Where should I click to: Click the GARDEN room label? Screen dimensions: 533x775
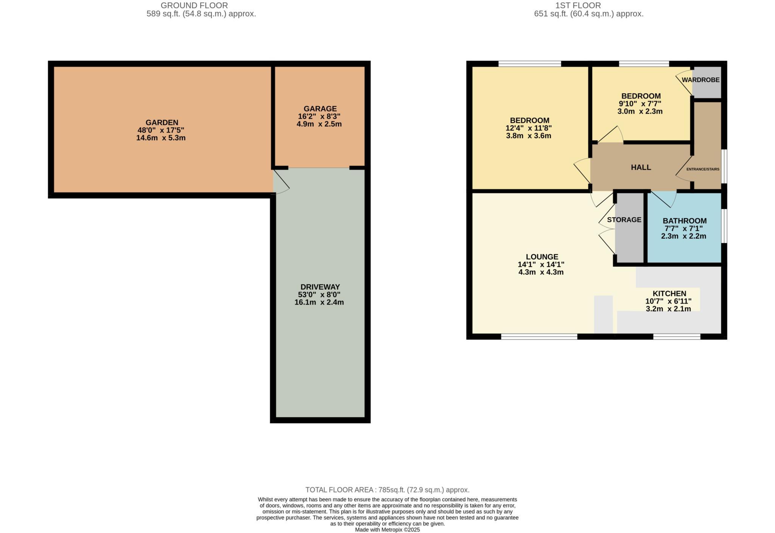(x=162, y=123)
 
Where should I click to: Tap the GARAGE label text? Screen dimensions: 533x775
(x=320, y=109)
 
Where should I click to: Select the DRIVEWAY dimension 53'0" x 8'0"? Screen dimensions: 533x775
(x=319, y=295)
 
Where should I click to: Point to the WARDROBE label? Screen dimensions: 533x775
(x=700, y=80)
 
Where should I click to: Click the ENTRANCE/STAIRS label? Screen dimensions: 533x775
(x=703, y=169)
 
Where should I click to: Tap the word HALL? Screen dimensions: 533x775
(x=641, y=167)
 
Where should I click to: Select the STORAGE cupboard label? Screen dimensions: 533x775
(x=624, y=220)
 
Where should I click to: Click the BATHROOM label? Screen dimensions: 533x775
(x=684, y=221)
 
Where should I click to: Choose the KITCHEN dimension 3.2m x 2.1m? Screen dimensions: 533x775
(x=668, y=309)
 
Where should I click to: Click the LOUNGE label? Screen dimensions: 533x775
(x=542, y=257)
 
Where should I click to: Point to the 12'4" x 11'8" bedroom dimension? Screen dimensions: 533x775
(x=528, y=128)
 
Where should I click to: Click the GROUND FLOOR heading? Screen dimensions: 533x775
(x=194, y=5)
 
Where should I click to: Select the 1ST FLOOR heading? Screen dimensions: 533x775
(x=588, y=5)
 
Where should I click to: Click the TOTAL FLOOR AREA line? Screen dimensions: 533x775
(x=387, y=490)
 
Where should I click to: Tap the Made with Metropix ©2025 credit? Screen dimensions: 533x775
(x=387, y=530)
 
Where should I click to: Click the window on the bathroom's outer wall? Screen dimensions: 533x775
(x=724, y=226)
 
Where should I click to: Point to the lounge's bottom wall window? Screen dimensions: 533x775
(x=539, y=336)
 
